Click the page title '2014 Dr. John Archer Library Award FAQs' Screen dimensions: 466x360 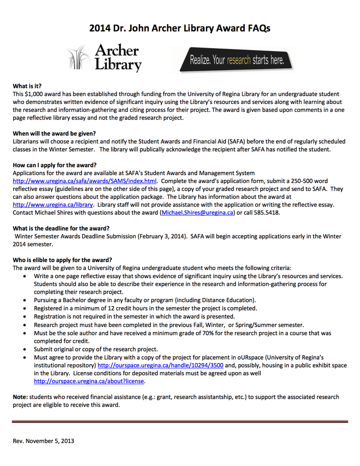(180, 28)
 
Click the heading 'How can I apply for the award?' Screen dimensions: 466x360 (55, 165)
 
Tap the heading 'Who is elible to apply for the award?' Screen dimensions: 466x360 (62, 259)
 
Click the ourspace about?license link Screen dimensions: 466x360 (89, 381)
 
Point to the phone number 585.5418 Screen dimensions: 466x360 (266, 213)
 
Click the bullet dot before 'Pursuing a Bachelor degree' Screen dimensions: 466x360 (24, 300)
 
